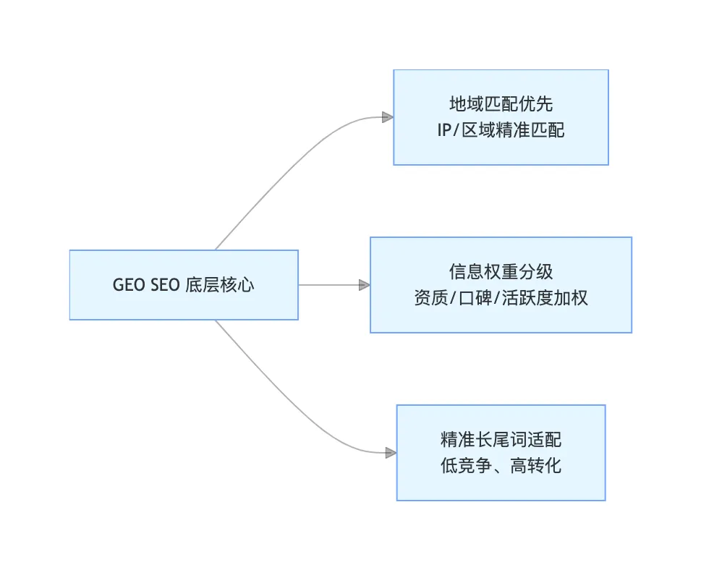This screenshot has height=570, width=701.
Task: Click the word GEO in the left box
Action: (129, 285)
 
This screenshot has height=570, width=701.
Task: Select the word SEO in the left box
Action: (165, 285)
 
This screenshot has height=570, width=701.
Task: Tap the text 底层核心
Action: (220, 285)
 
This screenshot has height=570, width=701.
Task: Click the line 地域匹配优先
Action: (501, 104)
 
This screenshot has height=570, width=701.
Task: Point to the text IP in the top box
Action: (444, 131)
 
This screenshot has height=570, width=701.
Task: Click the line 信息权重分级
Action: (501, 272)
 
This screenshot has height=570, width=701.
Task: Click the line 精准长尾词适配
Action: (501, 440)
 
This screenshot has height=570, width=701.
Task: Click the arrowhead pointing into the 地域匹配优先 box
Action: (388, 117)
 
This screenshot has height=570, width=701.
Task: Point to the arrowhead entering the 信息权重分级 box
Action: (365, 285)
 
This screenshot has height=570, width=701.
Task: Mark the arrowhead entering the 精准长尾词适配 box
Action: (391, 453)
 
